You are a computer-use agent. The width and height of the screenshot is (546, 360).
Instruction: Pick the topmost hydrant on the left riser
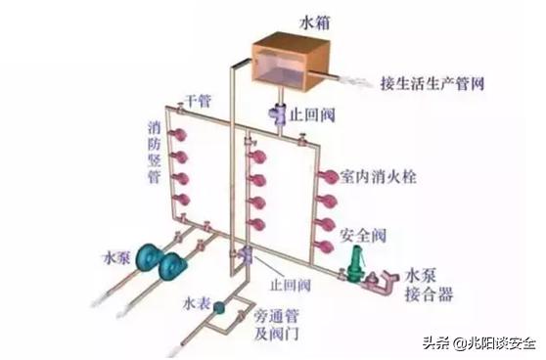178,132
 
